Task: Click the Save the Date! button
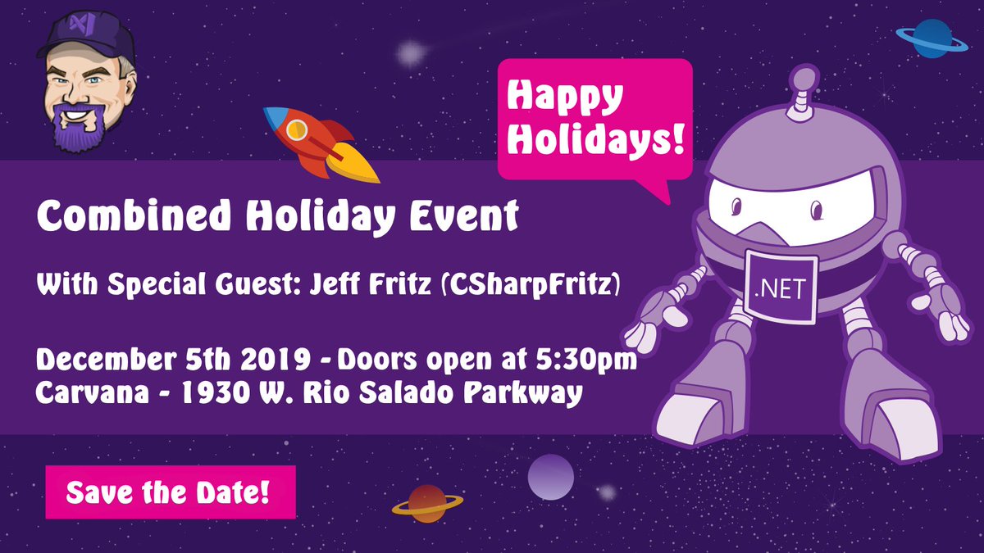coord(170,492)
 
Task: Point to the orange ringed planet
coord(427,504)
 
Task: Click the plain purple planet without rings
coord(550,477)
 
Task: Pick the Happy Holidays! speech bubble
coord(594,119)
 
